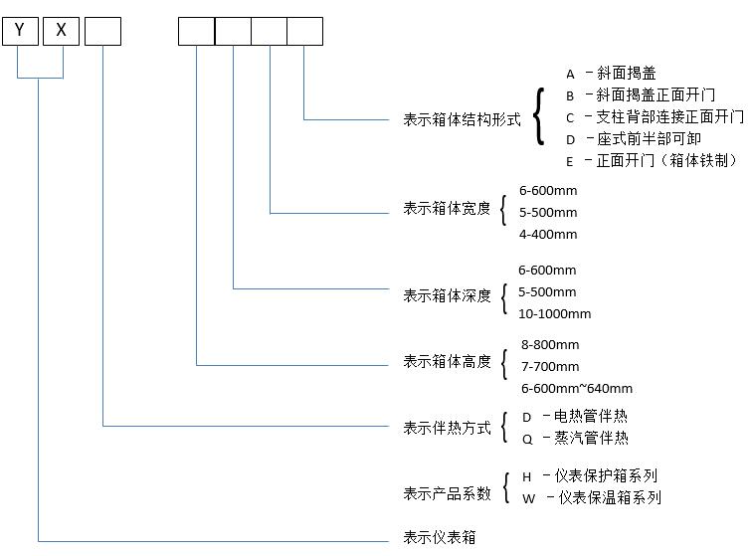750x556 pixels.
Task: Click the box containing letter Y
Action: pos(20,31)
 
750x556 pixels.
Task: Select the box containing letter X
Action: pos(62,31)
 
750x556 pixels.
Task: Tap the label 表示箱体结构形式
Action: pos(462,119)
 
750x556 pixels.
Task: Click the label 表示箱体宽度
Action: pos(447,209)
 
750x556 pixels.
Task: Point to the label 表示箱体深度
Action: pos(447,295)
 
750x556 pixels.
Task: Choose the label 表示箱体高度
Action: pos(447,362)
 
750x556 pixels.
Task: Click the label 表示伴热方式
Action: pos(447,428)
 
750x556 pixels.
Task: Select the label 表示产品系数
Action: pos(447,493)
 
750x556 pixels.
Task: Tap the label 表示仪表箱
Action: pos(440,538)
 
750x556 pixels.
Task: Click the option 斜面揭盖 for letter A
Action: pos(626,74)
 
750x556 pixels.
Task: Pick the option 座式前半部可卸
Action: pos(648,139)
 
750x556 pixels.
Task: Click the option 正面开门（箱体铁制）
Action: pos(667,161)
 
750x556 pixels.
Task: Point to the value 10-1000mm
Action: pos(554,314)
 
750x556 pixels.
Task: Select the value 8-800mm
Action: pos(550,345)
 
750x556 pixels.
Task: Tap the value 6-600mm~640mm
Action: pos(577,389)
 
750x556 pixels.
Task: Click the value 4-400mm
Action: pos(548,235)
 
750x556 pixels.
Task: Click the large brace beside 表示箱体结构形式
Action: pos(538,117)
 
